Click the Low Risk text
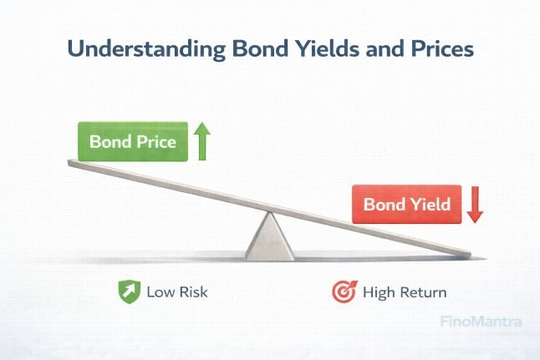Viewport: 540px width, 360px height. pyautogui.click(x=176, y=292)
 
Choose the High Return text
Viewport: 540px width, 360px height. pyautogui.click(x=404, y=292)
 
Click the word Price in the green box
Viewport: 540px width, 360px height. pyautogui.click(x=155, y=142)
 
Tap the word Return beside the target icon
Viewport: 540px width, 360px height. pyautogui.click(x=422, y=292)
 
